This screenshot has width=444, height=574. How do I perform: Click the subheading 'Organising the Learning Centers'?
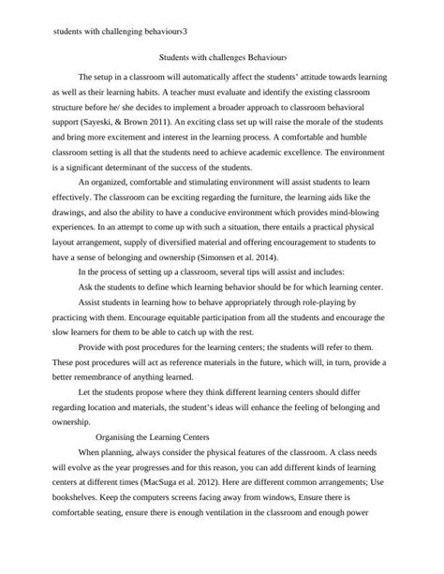[x=154, y=437]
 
